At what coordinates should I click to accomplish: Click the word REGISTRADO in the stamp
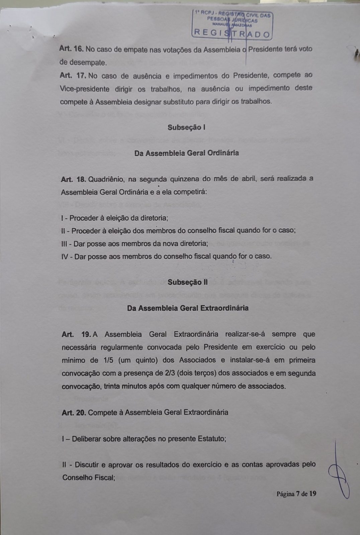click(x=232, y=34)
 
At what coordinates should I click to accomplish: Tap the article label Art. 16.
click(x=71, y=49)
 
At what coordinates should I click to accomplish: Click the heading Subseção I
click(x=186, y=127)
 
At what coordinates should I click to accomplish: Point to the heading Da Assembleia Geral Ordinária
click(x=186, y=153)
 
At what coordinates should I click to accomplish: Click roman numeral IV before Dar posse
click(x=65, y=257)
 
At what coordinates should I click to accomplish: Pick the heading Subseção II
click(x=187, y=282)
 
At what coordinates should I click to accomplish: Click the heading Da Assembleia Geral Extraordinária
click(x=187, y=308)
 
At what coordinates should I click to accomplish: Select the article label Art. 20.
click(x=74, y=413)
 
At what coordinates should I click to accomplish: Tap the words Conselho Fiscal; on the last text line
click(x=89, y=477)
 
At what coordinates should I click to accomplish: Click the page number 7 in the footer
click(x=297, y=494)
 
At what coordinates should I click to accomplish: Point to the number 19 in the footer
click(x=312, y=494)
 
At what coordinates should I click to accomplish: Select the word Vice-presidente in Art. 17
click(x=85, y=89)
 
